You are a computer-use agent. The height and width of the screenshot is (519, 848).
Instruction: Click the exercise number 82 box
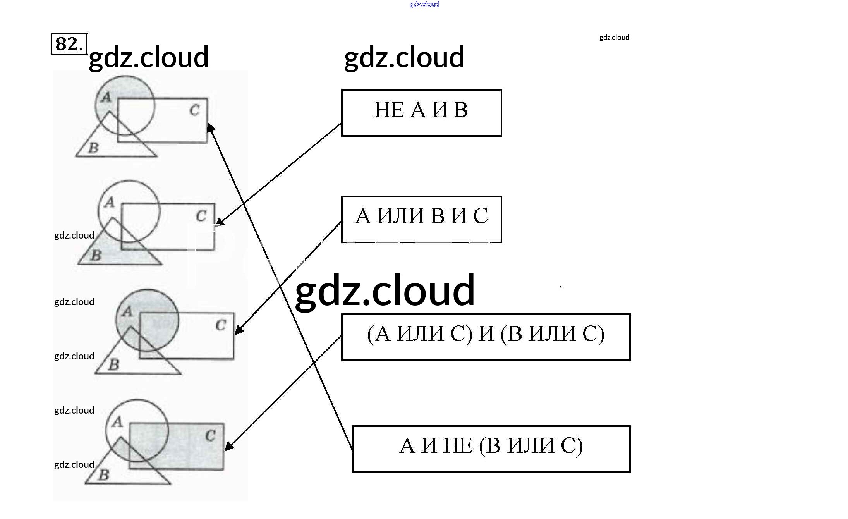click(x=69, y=44)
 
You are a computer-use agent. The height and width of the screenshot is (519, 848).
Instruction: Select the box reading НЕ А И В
click(x=421, y=113)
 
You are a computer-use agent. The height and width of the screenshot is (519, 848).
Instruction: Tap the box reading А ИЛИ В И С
click(x=421, y=219)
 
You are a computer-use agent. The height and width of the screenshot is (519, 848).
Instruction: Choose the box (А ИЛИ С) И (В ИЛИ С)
click(x=486, y=337)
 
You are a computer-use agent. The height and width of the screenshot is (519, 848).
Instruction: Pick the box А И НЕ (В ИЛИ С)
click(x=491, y=449)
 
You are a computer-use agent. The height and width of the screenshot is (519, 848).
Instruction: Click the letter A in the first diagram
click(x=106, y=98)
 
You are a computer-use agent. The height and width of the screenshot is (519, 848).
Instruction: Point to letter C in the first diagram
click(x=194, y=110)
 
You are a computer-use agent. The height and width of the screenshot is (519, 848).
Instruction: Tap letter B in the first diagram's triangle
click(x=93, y=148)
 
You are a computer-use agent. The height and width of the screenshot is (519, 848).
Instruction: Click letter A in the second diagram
click(x=110, y=202)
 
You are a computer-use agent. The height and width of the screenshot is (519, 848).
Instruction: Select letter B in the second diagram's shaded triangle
click(x=96, y=256)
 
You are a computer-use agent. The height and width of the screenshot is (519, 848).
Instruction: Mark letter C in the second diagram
click(x=201, y=216)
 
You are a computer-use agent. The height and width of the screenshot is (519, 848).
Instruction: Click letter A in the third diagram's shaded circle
click(x=127, y=311)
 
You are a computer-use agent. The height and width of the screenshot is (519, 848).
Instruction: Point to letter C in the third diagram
click(x=221, y=325)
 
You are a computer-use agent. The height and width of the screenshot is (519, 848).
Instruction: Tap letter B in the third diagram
click(x=113, y=365)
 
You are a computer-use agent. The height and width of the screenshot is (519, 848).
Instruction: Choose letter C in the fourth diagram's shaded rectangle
click(x=210, y=436)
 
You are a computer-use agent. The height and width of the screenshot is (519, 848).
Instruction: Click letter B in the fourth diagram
click(x=103, y=475)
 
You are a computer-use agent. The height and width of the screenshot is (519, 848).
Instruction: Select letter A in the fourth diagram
click(x=117, y=422)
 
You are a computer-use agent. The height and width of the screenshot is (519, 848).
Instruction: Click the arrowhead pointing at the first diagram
click(x=211, y=127)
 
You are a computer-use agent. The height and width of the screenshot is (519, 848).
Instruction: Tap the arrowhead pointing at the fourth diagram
click(x=228, y=447)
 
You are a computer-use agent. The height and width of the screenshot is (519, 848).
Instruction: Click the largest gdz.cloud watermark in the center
click(x=385, y=290)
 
